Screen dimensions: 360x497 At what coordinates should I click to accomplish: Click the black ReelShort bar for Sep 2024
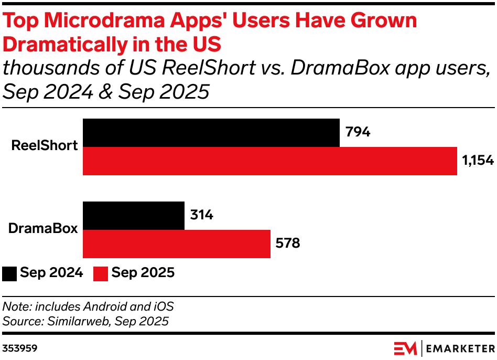pyautogui.click(x=211, y=133)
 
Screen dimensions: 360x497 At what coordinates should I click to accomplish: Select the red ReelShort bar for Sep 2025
pyautogui.click(x=270, y=161)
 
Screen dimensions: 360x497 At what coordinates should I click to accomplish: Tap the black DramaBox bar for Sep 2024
pyautogui.click(x=134, y=216)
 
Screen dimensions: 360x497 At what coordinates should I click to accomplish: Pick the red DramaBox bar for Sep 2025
pyautogui.click(x=177, y=244)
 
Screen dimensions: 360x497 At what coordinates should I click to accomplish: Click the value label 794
pyautogui.click(x=358, y=132)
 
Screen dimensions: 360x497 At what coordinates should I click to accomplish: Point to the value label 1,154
pyautogui.click(x=478, y=161)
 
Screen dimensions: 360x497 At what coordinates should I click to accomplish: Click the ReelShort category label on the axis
pyautogui.click(x=45, y=146)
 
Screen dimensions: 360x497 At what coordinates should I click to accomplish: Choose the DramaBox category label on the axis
pyautogui.click(x=43, y=229)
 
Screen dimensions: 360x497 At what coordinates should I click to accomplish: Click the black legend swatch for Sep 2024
pyautogui.click(x=9, y=273)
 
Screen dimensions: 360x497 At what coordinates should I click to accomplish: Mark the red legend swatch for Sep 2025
pyautogui.click(x=101, y=273)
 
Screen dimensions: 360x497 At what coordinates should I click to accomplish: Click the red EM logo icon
pyautogui.click(x=405, y=348)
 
